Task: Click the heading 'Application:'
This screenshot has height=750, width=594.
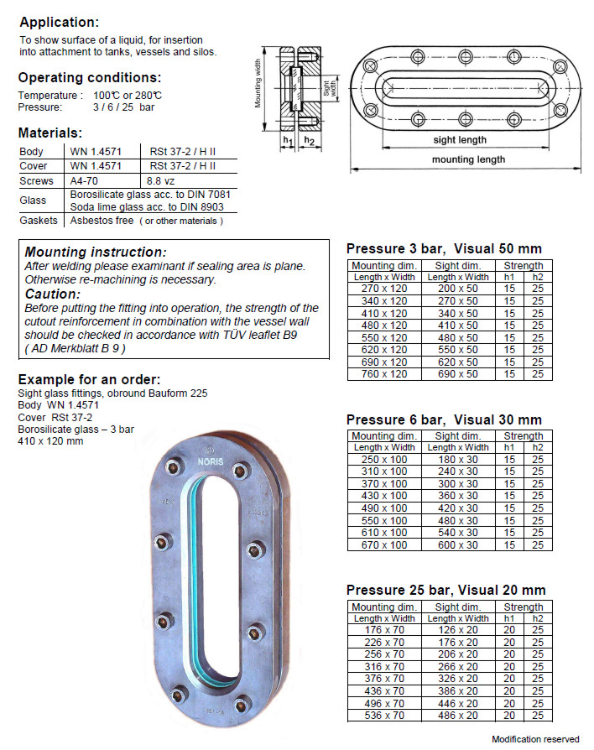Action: click(59, 23)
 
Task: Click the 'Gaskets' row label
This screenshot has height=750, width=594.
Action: click(39, 220)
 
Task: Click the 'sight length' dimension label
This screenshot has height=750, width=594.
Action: click(460, 139)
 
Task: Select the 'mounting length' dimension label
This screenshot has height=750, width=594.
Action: click(468, 159)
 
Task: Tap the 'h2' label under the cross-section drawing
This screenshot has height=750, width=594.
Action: click(308, 141)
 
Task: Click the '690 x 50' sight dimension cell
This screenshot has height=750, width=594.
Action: click(457, 373)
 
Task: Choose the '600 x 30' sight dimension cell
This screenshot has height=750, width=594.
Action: click(457, 545)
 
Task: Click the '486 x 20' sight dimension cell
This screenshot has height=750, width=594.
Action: click(457, 716)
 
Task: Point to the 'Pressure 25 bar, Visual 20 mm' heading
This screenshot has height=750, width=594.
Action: click(445, 591)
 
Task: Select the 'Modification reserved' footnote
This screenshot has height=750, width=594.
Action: click(535, 739)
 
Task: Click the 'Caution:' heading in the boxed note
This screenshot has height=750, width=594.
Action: click(53, 294)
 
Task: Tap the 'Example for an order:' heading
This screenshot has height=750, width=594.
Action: click(89, 379)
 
